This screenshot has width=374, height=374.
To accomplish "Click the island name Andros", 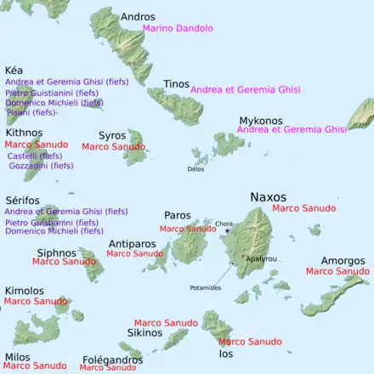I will (x=138, y=16).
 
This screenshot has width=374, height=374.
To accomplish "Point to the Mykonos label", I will (x=261, y=120).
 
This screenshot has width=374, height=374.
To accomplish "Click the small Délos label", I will (x=195, y=168).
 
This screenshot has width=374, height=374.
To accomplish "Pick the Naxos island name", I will (x=268, y=196).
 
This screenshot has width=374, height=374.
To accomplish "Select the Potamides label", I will (x=205, y=288).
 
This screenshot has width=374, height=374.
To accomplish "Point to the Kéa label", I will (x=14, y=70).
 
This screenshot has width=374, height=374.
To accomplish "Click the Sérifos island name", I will (x=23, y=200).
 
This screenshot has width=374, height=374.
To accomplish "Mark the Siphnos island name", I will (x=57, y=252).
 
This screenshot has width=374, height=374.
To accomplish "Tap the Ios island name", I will (x=225, y=353).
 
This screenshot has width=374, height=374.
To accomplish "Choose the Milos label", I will (x=17, y=356).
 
